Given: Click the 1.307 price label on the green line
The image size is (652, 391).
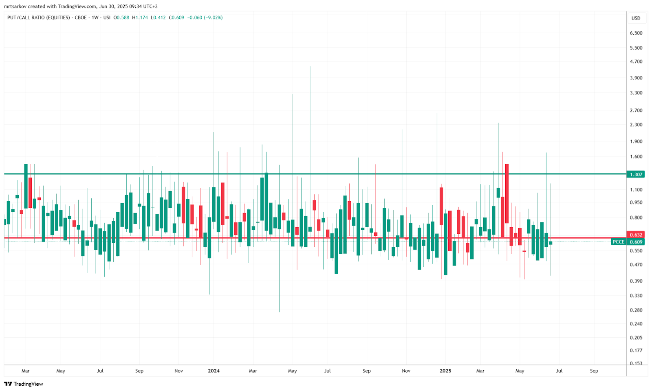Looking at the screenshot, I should pyautogui.click(x=636, y=174).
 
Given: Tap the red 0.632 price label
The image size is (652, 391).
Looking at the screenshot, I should pyautogui.click(x=636, y=235).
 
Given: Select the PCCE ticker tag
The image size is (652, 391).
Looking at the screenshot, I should pyautogui.click(x=618, y=242).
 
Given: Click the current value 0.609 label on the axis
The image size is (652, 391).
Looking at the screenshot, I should pyautogui.click(x=636, y=242).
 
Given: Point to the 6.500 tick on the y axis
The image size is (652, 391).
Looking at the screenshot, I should pyautogui.click(x=636, y=33).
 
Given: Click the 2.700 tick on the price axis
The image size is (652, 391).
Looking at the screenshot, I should pyautogui.click(x=636, y=110).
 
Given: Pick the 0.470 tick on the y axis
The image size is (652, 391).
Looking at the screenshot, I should pyautogui.click(x=636, y=265).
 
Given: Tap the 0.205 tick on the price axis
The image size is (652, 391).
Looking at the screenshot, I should pyautogui.click(x=636, y=338).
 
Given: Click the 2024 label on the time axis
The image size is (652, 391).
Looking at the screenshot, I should pyautogui.click(x=214, y=371).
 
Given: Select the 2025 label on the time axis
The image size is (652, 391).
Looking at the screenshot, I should pyautogui.click(x=445, y=371).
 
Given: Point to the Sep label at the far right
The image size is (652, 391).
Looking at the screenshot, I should pyautogui.click(x=594, y=371).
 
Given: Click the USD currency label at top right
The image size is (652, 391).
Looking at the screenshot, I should pyautogui.click(x=636, y=18).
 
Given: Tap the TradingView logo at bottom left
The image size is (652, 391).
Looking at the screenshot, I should pyautogui.click(x=24, y=384).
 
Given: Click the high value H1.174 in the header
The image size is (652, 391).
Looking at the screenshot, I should pyautogui.click(x=140, y=18).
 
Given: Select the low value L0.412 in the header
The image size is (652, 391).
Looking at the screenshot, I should pyautogui.click(x=158, y=18).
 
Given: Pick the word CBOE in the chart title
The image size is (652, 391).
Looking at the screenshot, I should pyautogui.click(x=81, y=18).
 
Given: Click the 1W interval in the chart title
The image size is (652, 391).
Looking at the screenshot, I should pyautogui.click(x=95, y=18).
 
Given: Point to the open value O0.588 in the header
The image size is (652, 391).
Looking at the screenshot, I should pyautogui.click(x=121, y=18).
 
